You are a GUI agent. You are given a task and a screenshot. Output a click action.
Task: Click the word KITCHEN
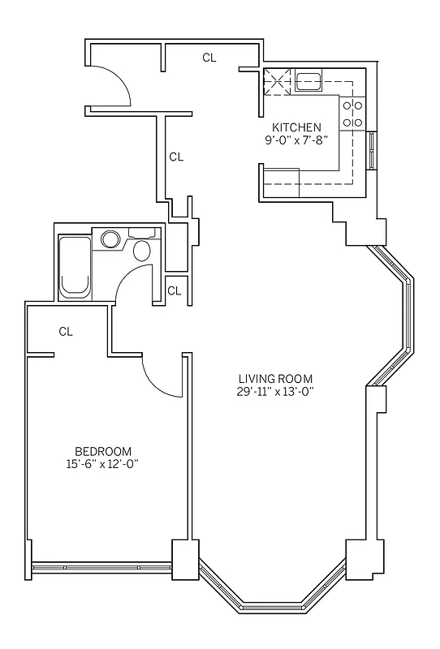(296, 127)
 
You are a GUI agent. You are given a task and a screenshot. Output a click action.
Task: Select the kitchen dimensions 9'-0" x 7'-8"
(296, 140)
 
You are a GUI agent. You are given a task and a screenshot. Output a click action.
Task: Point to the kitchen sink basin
(309, 80)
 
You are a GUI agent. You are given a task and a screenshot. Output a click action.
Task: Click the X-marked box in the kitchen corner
(277, 81)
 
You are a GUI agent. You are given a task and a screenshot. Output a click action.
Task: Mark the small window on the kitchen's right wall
(372, 150)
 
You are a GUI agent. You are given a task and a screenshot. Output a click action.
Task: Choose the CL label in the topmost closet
(209, 58)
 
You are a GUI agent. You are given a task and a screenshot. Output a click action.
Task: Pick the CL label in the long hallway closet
(176, 157)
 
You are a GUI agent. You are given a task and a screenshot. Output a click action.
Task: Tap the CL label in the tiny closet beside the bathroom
(175, 290)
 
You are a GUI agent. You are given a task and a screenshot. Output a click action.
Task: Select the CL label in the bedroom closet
(66, 331)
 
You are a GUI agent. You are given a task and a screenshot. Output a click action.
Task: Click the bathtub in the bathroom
(75, 266)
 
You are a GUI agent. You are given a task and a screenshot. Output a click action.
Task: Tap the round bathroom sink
(110, 239)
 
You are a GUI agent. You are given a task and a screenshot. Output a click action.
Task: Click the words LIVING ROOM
(275, 379)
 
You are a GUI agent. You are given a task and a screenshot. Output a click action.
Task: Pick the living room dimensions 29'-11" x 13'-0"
(275, 391)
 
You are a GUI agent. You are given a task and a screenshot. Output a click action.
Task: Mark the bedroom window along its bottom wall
(102, 569)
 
